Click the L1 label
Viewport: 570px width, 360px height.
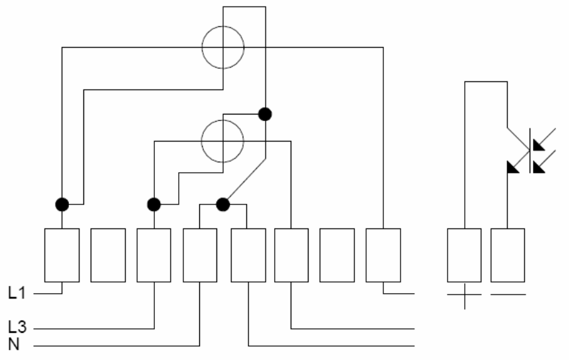click(17, 292)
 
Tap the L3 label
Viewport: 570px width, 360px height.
click(17, 328)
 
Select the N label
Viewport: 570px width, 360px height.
click(14, 344)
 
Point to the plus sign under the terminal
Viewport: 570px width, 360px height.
click(464, 296)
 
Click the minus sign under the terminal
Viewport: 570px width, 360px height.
click(508, 294)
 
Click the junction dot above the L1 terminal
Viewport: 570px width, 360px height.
click(62, 204)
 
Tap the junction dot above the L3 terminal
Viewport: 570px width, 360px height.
click(154, 204)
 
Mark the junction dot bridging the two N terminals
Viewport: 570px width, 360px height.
click(223, 204)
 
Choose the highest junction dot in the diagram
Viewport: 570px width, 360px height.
click(265, 114)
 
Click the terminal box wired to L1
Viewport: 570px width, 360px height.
click(62, 255)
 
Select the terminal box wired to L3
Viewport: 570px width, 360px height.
click(154, 255)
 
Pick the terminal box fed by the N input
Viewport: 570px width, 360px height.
click(200, 255)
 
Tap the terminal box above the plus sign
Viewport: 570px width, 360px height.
click(464, 255)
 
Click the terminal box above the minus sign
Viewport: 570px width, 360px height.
click(508, 255)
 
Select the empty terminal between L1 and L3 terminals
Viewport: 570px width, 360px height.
click(108, 255)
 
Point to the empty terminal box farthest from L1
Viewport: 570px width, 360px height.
click(337, 255)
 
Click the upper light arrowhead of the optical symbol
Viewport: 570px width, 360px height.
click(538, 145)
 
